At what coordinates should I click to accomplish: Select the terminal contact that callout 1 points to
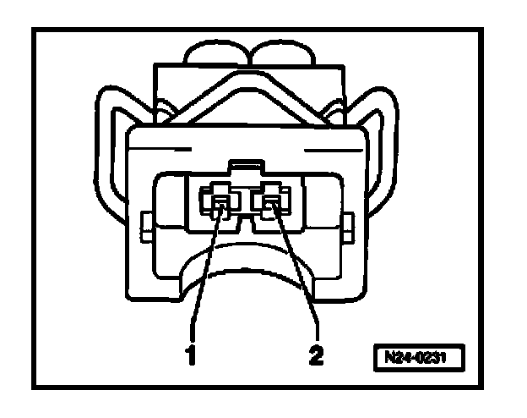tap(219, 202)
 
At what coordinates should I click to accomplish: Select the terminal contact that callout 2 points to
tap(273, 202)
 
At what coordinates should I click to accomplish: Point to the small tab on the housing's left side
tap(144, 226)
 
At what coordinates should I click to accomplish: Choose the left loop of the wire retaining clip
tap(115, 127)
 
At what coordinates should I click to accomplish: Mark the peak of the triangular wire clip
tap(245, 71)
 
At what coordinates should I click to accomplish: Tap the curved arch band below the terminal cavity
tap(245, 254)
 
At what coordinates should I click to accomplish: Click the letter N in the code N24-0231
tap(389, 355)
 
